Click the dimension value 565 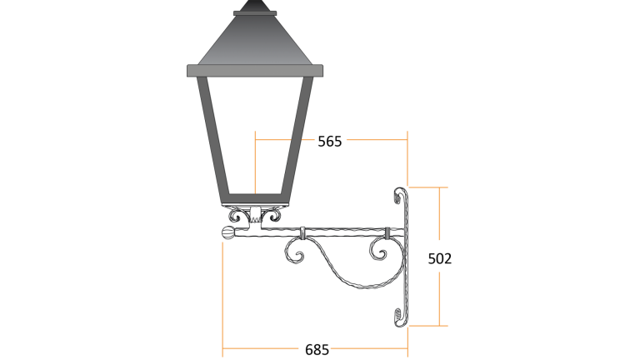(330, 142)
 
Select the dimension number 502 (439, 258)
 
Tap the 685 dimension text (317, 349)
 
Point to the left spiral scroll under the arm (295, 251)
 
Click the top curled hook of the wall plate (397, 196)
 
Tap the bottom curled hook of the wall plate (398, 317)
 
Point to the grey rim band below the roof (254, 70)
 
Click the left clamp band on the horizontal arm (302, 231)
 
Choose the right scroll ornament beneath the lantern (272, 217)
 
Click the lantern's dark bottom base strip (256, 200)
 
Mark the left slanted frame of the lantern (212, 137)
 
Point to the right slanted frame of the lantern (300, 137)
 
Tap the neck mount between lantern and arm (256, 218)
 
